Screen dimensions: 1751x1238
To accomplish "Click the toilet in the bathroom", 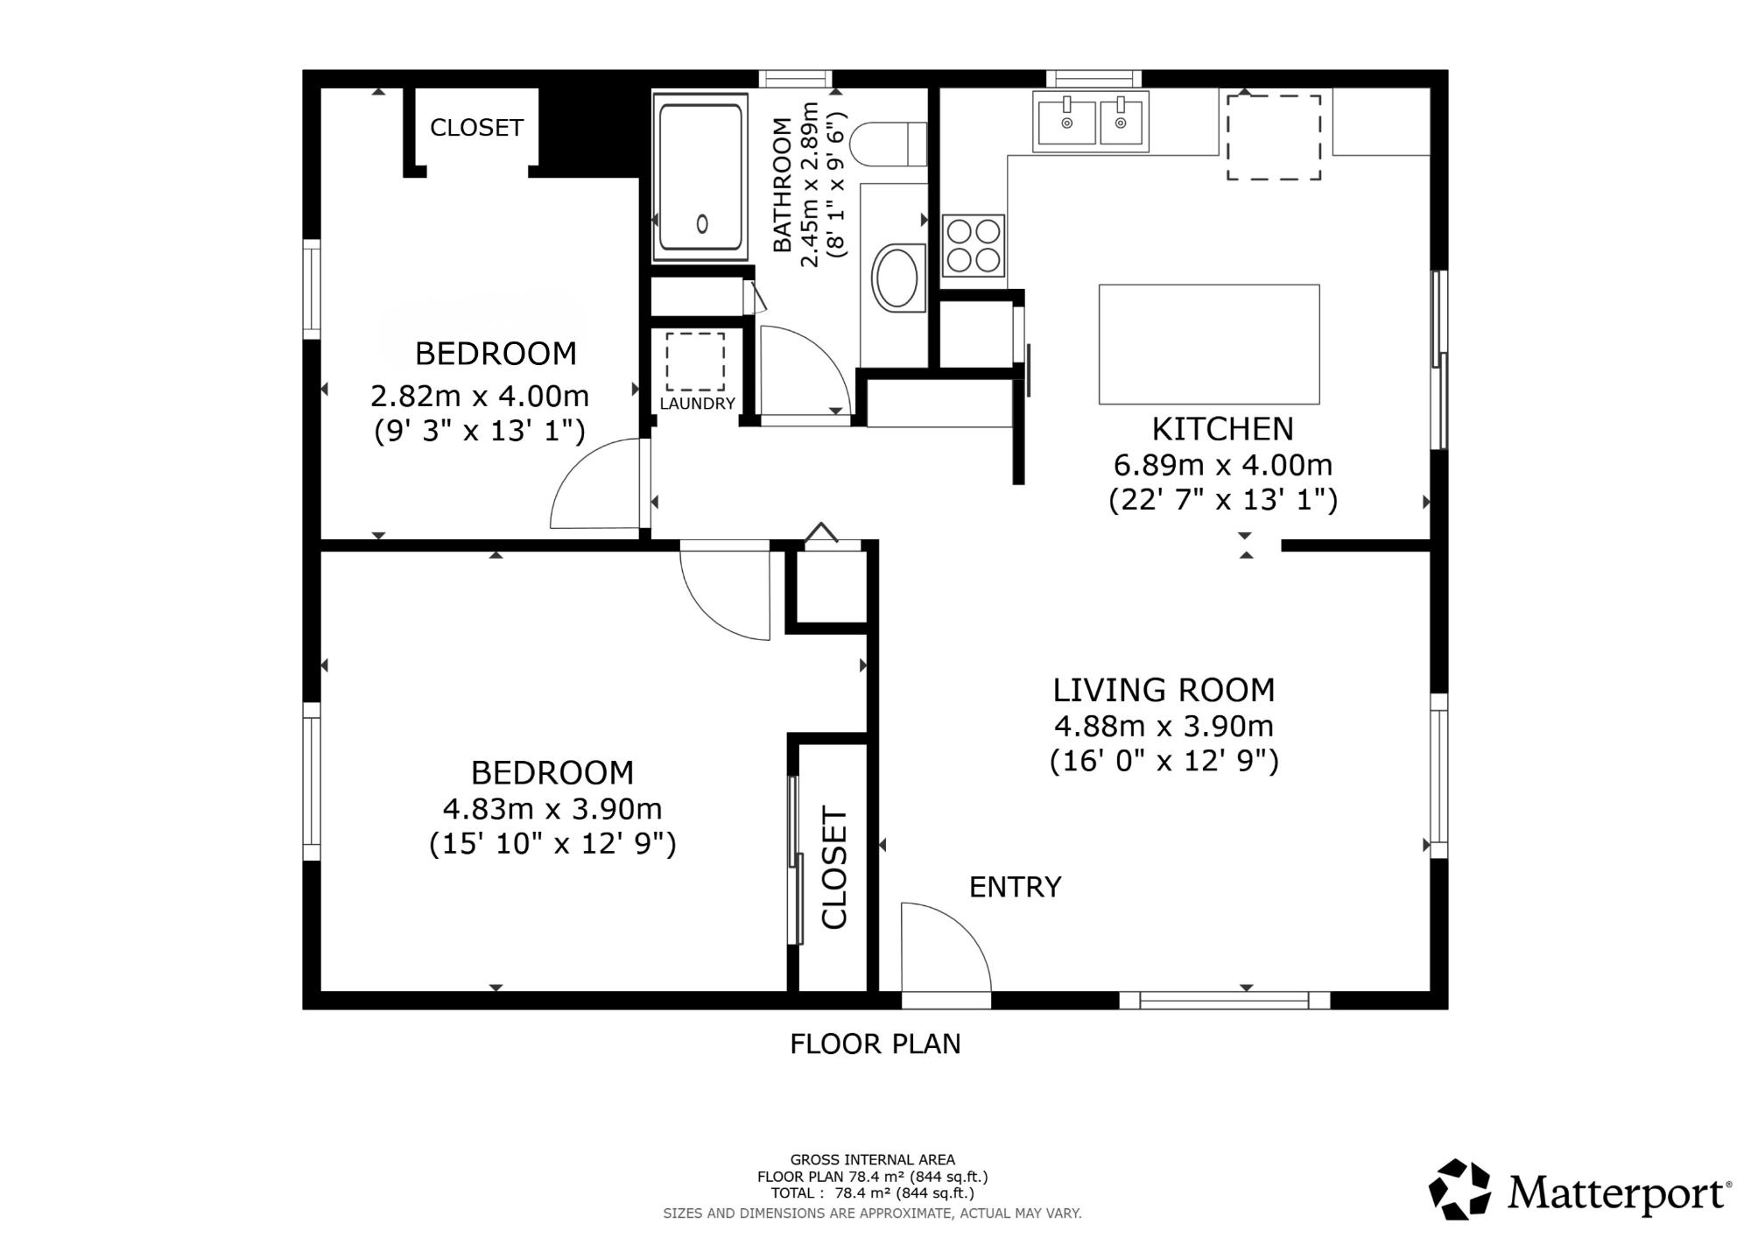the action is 889,144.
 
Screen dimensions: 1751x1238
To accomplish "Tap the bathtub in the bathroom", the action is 700,177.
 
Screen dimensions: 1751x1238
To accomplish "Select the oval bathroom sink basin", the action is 897,278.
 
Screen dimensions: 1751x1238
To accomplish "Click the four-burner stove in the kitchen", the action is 974,246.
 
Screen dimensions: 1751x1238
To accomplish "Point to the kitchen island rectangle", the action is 1209,344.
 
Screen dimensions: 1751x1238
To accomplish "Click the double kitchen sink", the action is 1090,122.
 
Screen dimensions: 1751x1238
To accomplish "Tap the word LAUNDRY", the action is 697,404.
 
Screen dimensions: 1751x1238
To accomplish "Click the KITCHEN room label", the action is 1222,429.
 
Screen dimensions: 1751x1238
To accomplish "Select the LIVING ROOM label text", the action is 1164,690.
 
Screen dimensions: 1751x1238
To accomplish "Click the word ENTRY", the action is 1015,887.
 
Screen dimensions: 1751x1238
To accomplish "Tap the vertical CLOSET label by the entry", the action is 834,868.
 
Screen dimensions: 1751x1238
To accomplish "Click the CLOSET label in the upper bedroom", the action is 476,128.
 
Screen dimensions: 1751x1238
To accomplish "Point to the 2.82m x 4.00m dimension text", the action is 480,397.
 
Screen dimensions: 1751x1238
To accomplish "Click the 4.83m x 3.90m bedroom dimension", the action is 552,808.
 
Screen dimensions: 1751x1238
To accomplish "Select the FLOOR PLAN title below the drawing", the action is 875,1044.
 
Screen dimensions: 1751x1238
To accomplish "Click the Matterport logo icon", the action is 1459,1189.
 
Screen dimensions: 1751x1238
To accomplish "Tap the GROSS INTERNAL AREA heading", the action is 873,1160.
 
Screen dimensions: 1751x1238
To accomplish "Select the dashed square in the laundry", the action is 695,362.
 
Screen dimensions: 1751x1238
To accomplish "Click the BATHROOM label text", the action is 782,185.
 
